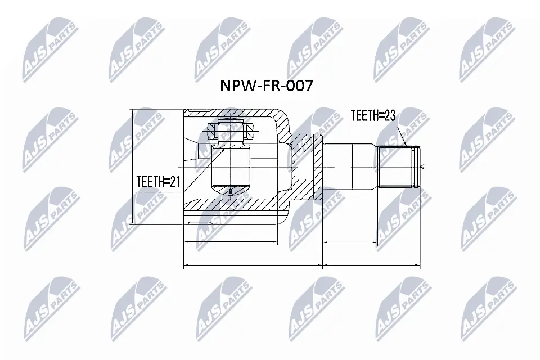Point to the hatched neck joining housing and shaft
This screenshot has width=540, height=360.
307,169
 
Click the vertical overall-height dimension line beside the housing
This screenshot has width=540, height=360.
133,167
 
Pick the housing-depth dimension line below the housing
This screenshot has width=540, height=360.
231,242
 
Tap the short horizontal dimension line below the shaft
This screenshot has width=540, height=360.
350,242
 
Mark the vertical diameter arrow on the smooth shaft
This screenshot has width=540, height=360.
352,166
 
